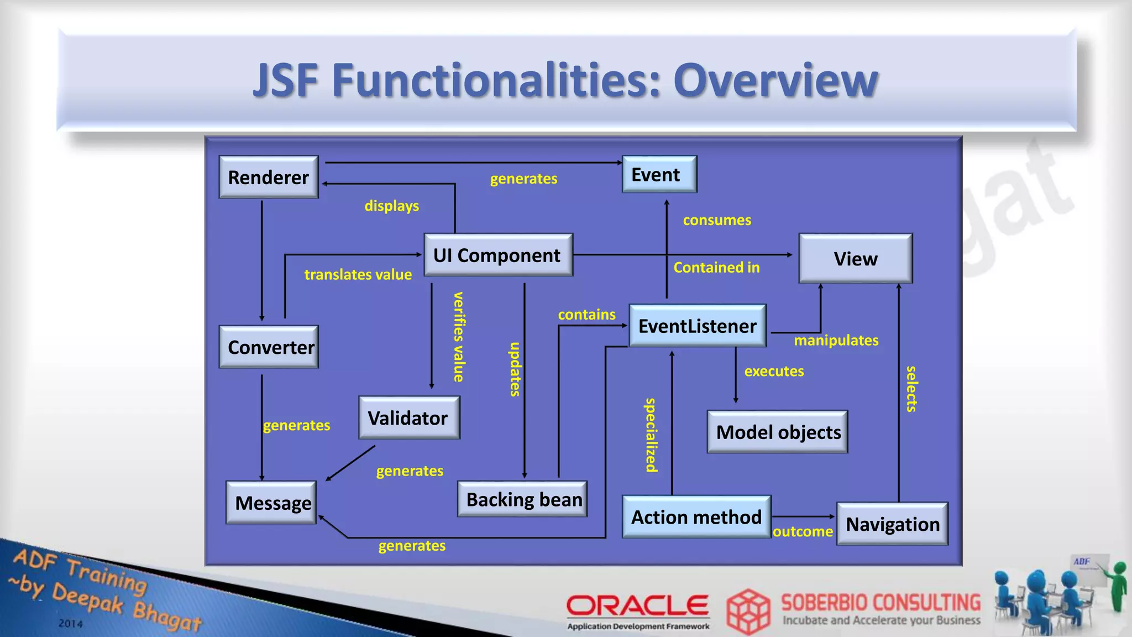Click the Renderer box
269,177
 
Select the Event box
659,174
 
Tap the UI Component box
498,255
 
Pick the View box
855,258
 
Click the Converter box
269,347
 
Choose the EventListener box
698,326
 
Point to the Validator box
409,417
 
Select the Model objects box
778,432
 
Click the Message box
271,503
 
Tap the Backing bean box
523,499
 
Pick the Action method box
696,516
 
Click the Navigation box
892,524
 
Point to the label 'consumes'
717,220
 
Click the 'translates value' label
358,274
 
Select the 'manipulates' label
836,340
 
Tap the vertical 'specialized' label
652,435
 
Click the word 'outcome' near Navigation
803,531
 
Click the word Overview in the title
775,80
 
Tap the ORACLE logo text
637,605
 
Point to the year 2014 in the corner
71,623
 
